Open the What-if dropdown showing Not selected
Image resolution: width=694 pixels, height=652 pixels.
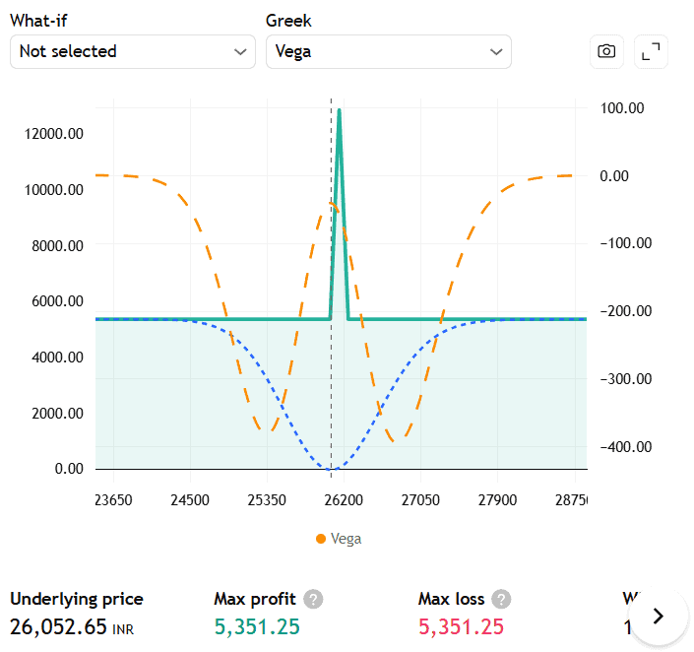[132, 52]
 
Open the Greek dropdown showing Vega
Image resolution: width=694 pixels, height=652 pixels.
[388, 52]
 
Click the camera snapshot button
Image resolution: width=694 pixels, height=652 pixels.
[606, 52]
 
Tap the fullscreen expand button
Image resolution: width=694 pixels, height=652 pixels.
[651, 52]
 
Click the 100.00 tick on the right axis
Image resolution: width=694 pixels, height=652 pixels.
[621, 108]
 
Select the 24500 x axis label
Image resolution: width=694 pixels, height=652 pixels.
[189, 500]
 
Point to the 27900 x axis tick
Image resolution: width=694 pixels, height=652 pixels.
[497, 500]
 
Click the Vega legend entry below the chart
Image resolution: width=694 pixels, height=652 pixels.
[340, 539]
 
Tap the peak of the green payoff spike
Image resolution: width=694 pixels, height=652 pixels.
[339, 110]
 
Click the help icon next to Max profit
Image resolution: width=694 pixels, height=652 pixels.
[313, 599]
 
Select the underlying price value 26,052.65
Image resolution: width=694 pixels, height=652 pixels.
[58, 626]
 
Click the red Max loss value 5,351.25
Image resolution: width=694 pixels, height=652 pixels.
[462, 626]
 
